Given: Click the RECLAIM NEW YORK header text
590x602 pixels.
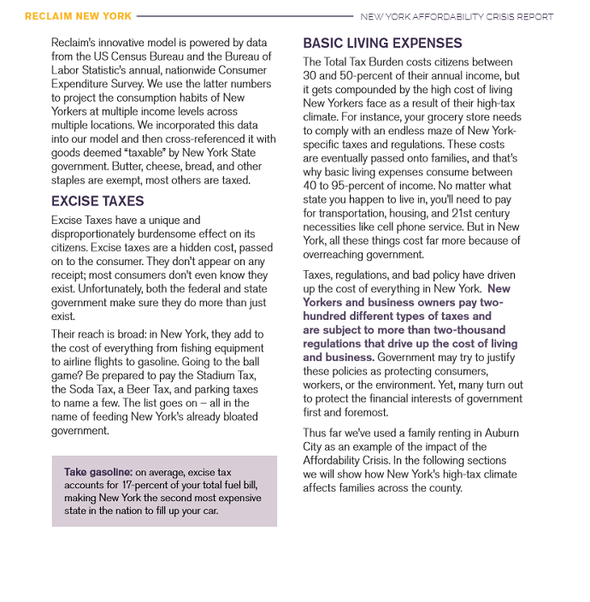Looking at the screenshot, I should [x=78, y=16].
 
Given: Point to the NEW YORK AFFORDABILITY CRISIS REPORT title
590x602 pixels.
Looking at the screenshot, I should [x=457, y=16].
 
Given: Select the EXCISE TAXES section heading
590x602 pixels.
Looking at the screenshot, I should [x=97, y=201].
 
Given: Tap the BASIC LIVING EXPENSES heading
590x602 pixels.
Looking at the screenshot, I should [x=382, y=43].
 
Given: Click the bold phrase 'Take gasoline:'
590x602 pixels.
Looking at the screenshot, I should [x=98, y=472].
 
